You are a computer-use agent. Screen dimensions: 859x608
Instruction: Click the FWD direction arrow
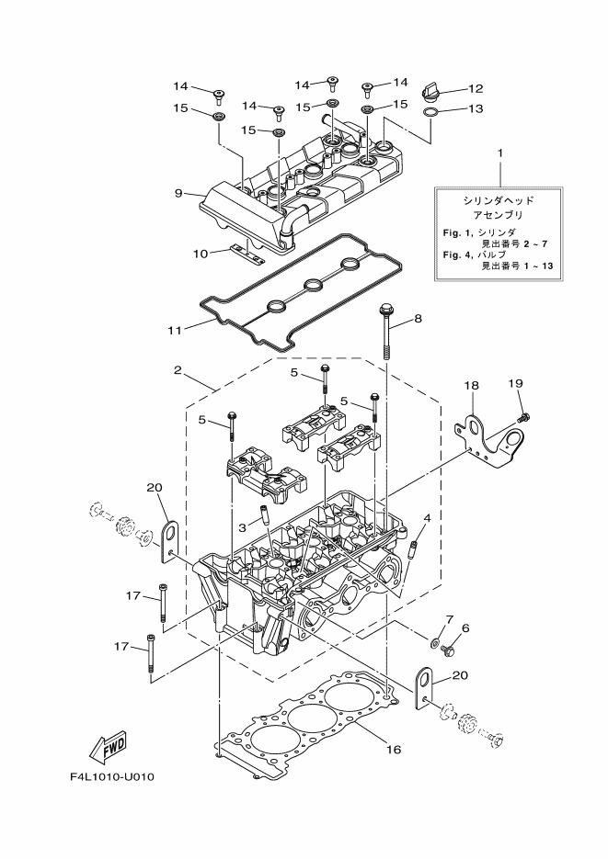(108, 741)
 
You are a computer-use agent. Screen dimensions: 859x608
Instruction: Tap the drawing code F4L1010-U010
(111, 777)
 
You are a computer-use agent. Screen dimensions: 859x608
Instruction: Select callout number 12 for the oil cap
(476, 89)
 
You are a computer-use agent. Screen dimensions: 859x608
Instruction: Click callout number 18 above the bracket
(471, 387)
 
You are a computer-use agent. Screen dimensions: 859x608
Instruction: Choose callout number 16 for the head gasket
(393, 750)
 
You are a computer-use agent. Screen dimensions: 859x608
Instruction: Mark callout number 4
(427, 519)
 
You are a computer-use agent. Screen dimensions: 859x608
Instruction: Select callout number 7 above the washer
(450, 620)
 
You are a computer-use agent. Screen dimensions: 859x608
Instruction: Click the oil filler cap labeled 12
(432, 90)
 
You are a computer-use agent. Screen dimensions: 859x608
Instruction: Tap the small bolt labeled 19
(523, 417)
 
